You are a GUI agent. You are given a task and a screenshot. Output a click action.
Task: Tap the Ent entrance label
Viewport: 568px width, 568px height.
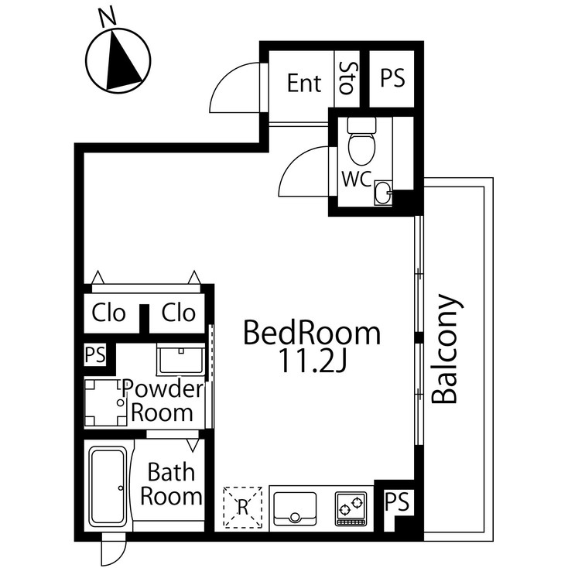pyautogui.click(x=304, y=83)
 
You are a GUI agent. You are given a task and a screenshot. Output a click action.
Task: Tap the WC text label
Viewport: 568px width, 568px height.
pyautogui.click(x=356, y=179)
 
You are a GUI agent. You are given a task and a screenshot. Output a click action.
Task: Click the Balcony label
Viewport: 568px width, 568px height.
pyautogui.click(x=447, y=349)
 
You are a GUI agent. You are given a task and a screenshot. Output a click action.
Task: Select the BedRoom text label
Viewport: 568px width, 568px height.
pyautogui.click(x=312, y=334)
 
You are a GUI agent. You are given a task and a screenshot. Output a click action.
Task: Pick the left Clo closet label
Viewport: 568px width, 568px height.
pyautogui.click(x=108, y=313)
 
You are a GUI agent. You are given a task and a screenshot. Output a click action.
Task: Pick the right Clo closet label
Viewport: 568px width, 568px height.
pyautogui.click(x=179, y=313)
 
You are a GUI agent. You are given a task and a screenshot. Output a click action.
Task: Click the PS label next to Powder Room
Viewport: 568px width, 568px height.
pyautogui.click(x=95, y=355)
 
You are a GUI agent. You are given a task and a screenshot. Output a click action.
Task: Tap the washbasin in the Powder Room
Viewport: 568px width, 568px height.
pyautogui.click(x=180, y=359)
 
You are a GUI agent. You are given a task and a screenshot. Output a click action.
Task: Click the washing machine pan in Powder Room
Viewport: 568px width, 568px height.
pyautogui.click(x=104, y=402)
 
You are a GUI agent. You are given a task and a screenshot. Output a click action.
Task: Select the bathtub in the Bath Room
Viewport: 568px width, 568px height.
pyautogui.click(x=107, y=486)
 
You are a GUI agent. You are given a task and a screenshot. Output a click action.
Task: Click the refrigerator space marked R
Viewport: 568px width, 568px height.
pyautogui.click(x=242, y=507)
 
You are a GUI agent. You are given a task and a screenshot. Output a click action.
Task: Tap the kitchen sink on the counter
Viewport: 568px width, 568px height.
pyautogui.click(x=295, y=508)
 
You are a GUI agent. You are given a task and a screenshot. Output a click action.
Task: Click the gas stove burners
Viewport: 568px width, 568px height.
pyautogui.click(x=350, y=508)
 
